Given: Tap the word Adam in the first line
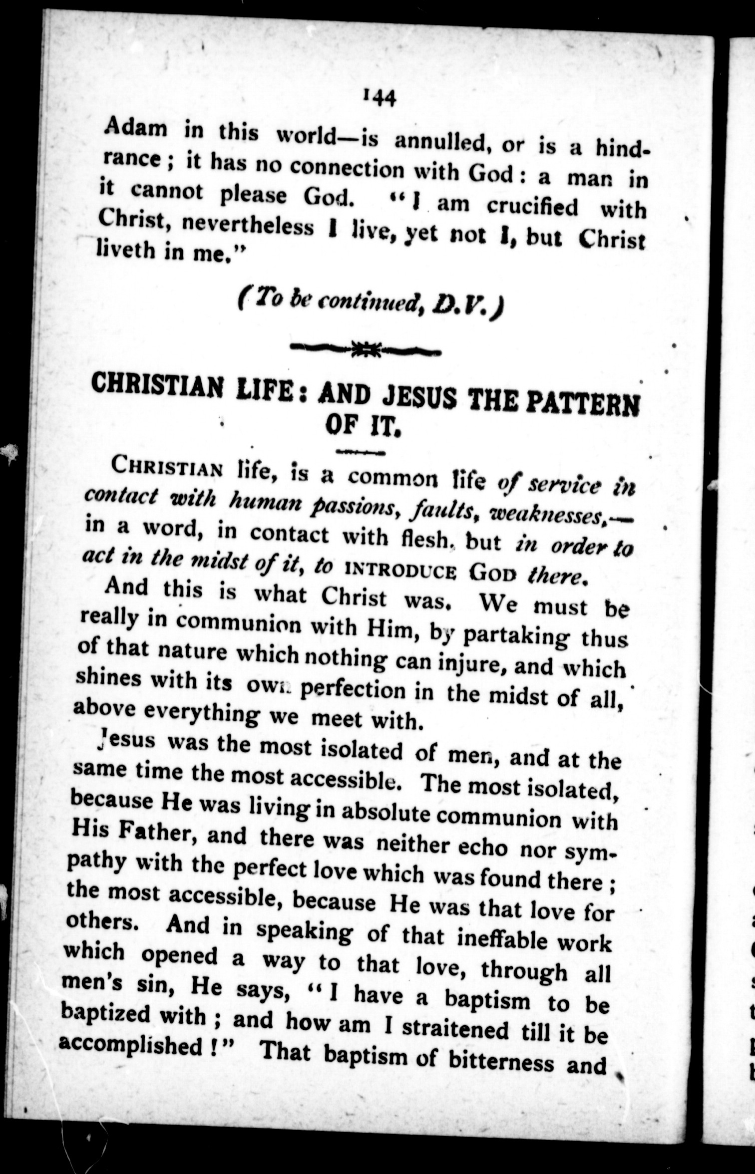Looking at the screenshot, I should pyautogui.click(x=136, y=128).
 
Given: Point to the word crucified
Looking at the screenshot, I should pyautogui.click(x=532, y=207).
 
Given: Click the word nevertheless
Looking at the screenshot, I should pyautogui.click(x=248, y=225).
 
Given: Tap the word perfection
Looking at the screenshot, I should pyautogui.click(x=354, y=689).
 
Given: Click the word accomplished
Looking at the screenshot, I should pyautogui.click(x=130, y=1045).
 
